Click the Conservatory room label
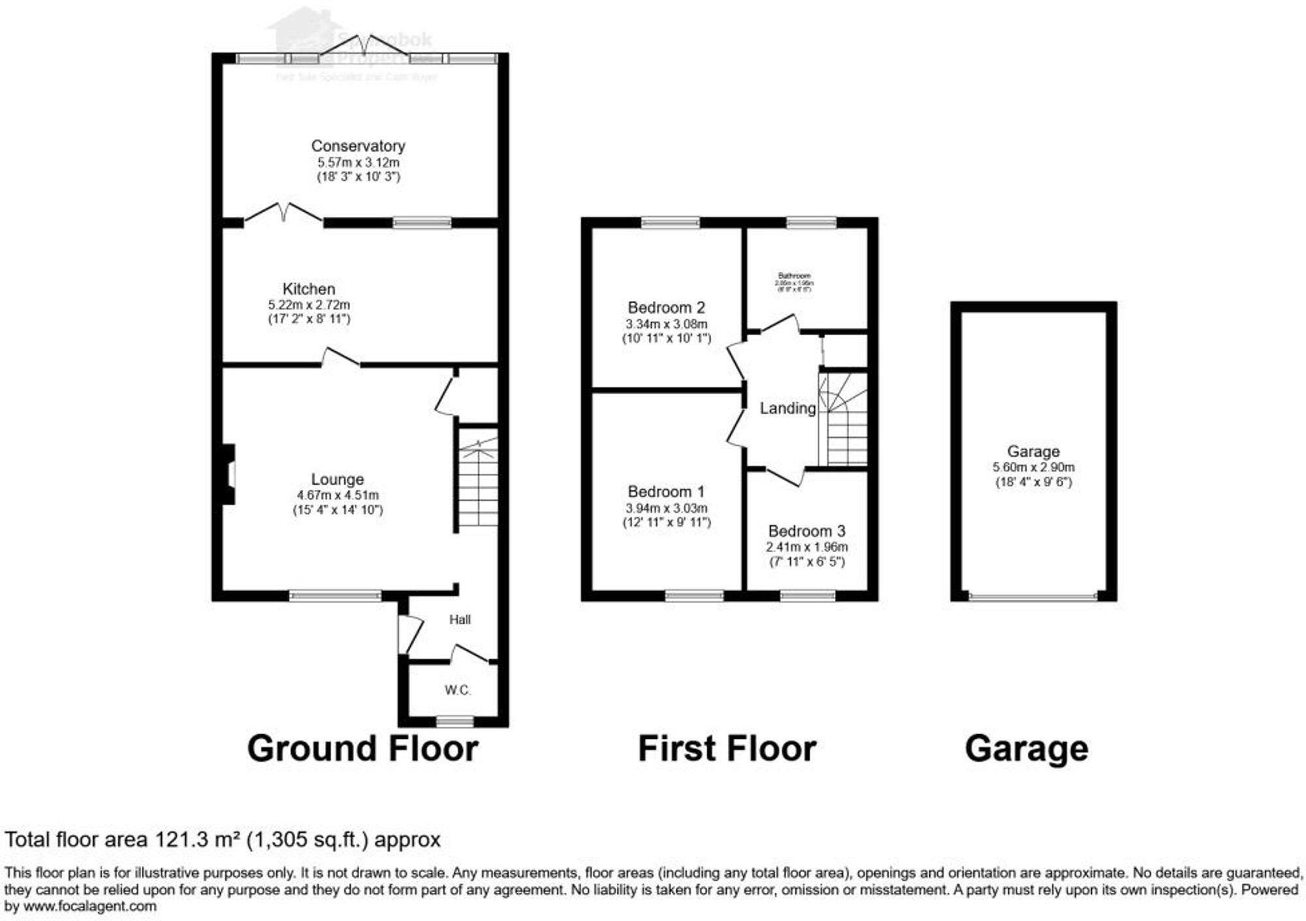pos(358,146)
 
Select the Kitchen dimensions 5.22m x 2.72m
pos(309,305)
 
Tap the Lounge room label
pos(337,479)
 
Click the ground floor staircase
pos(478,480)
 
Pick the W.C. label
pos(458,690)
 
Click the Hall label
pos(460,619)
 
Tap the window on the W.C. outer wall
pos(455,721)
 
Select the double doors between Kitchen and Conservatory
pos(283,214)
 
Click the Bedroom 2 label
pos(666,307)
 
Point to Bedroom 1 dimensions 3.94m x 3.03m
pos(666,508)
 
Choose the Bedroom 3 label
pos(806,531)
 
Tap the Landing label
pos(788,408)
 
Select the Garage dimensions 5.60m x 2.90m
pos(1033,468)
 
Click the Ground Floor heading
pos(362,749)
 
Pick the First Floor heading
pos(727,749)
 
